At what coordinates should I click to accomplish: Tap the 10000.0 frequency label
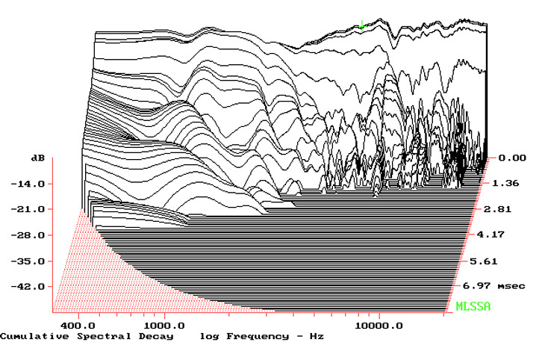[379, 326]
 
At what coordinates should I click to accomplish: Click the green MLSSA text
[472, 306]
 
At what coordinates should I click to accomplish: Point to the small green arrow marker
[361, 26]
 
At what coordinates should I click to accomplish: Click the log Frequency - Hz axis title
[261, 337]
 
